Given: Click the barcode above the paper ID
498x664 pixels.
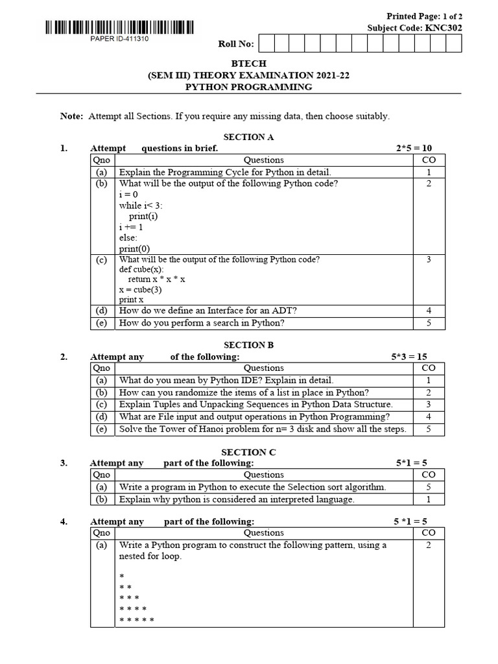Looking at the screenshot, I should pos(119,27).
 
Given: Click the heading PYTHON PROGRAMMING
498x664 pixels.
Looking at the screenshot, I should pos(248,87).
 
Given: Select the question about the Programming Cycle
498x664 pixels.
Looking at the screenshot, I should pos(225,172).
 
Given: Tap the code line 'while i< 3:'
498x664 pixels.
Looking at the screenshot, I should pos(141,206).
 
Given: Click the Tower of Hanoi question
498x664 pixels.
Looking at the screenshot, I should pos(263,429).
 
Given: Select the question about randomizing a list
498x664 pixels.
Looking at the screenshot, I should pos(244,392).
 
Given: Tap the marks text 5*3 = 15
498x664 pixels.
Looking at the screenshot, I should pos(409,357).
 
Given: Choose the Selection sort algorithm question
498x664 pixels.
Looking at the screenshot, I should pos(252,487).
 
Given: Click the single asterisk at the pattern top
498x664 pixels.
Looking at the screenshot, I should pos(122,576).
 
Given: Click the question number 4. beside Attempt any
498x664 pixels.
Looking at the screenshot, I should pos(64,521).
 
